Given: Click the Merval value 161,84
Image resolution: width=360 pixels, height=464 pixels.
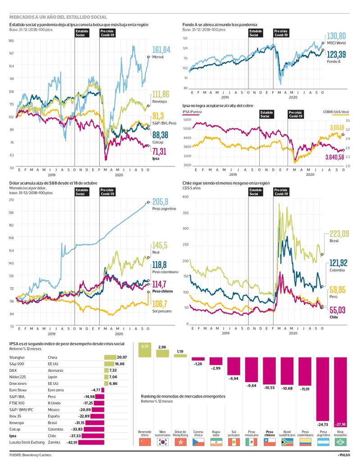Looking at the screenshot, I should point(162,49).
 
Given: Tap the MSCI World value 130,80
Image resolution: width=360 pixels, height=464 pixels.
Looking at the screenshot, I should point(337,36).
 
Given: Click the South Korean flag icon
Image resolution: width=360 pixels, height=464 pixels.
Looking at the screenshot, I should point(163,442).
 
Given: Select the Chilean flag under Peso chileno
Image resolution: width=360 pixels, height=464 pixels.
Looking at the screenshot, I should point(269,442).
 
